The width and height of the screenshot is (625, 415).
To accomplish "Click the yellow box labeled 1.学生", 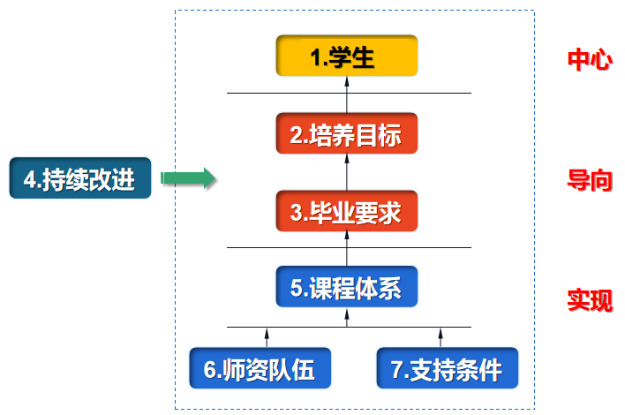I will (x=346, y=58).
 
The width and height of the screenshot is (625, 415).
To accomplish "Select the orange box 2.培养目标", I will (x=346, y=135).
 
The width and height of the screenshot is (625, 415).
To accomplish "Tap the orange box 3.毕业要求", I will (x=346, y=213).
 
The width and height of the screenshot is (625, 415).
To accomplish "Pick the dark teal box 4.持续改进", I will (x=80, y=179).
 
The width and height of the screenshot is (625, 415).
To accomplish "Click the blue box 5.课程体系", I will (x=346, y=289).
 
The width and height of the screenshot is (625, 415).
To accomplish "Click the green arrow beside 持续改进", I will (x=188, y=179).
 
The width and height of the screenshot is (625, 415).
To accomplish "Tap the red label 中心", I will (x=589, y=60).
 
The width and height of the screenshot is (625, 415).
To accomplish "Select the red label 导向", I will (x=589, y=181).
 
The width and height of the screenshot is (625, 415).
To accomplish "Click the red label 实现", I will (x=589, y=301).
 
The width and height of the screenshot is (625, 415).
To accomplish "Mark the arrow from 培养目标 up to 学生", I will (x=346, y=94).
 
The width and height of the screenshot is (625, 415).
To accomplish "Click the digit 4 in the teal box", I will (x=30, y=180).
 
